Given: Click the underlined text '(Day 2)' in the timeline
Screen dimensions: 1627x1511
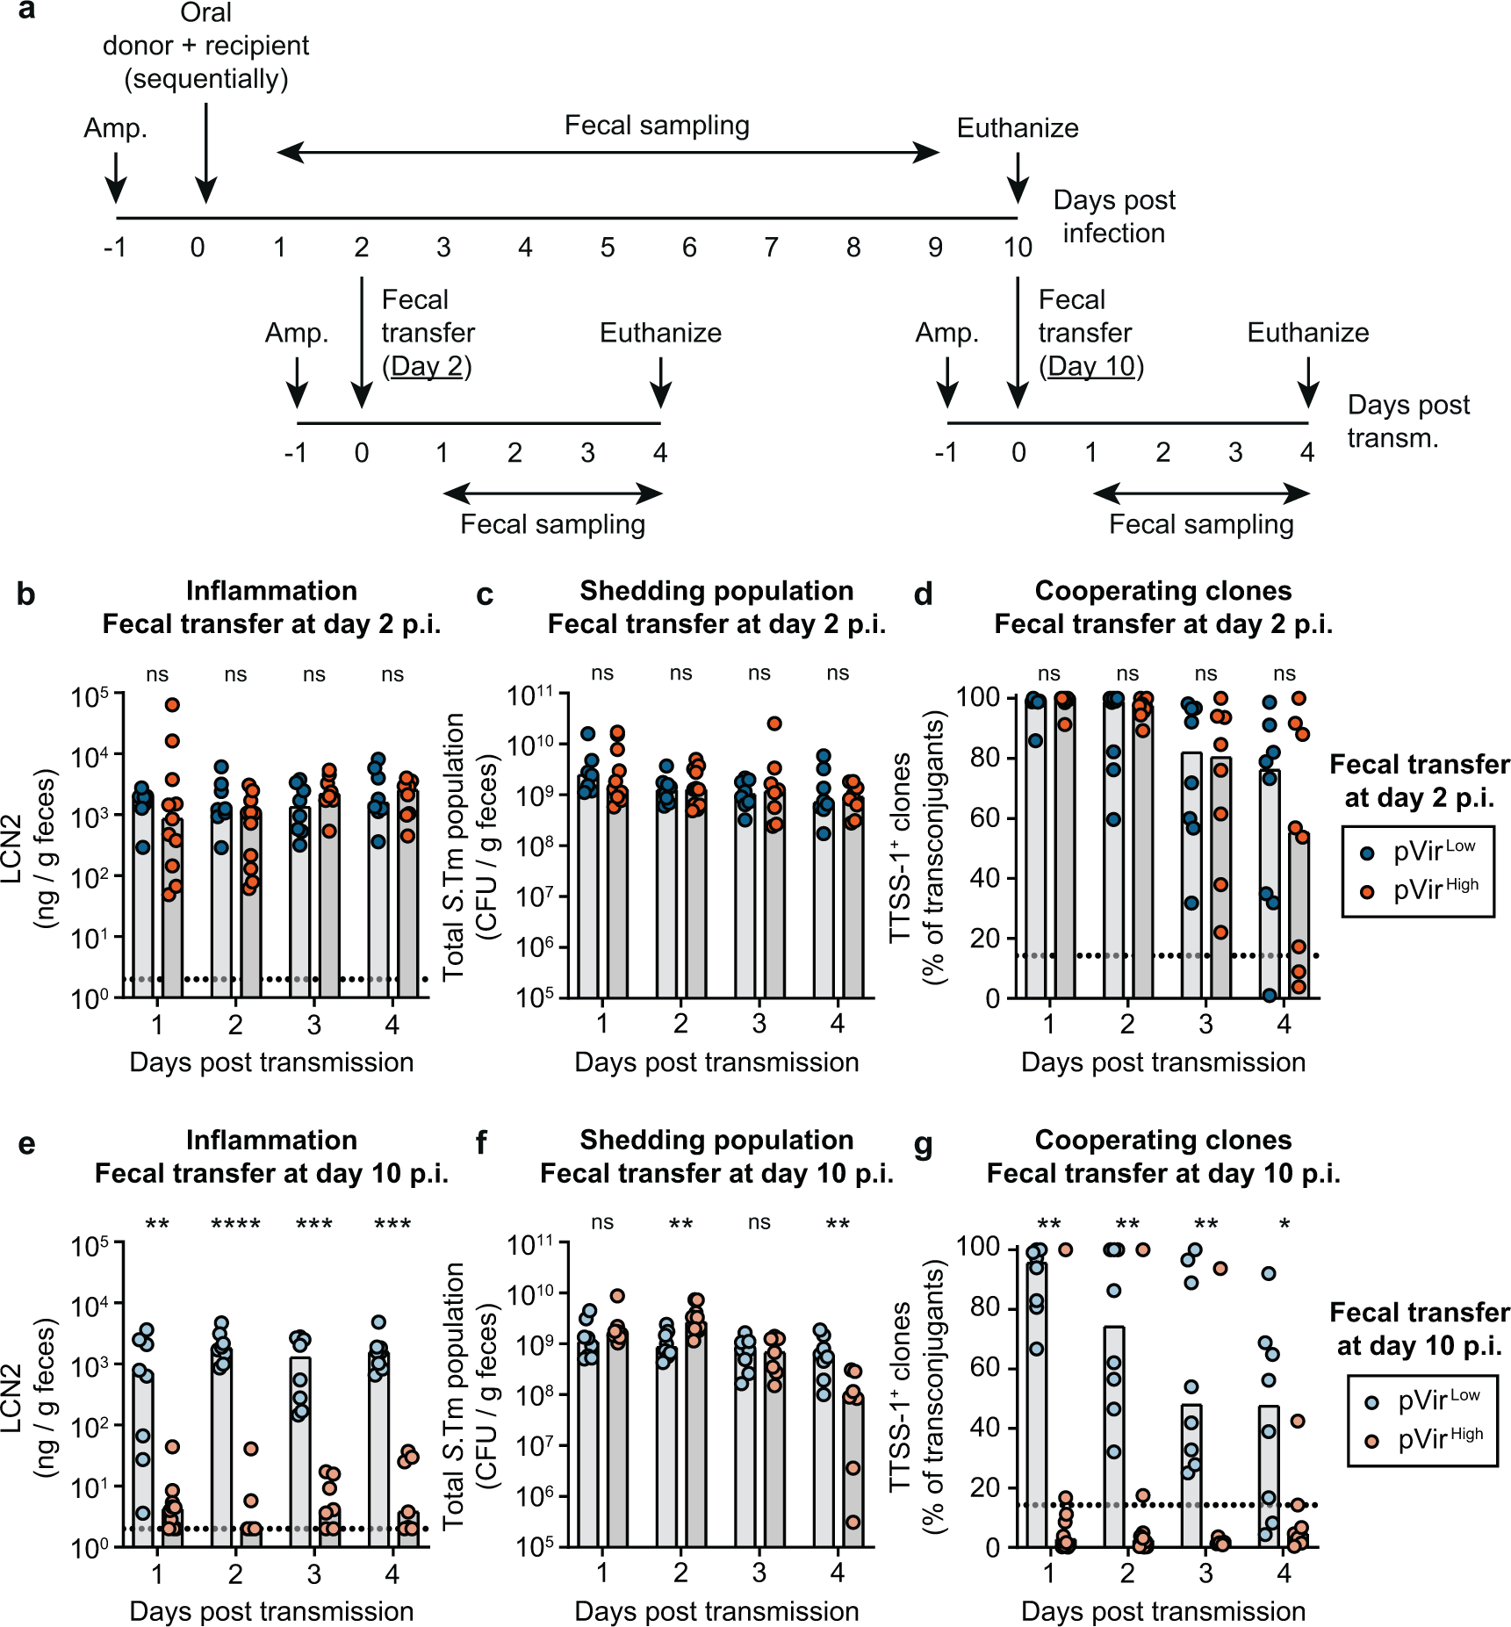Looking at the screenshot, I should (x=427, y=366).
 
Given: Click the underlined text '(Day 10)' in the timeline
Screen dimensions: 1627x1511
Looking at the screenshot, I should (x=1090, y=366).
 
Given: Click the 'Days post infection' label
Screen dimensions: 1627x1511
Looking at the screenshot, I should (x=1113, y=216).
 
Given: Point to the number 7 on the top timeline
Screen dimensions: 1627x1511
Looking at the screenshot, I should (x=771, y=248).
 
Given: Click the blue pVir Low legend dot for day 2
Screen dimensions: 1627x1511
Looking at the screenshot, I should (x=1367, y=853).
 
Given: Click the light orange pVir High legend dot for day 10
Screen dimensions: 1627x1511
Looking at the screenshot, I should (x=1371, y=1441).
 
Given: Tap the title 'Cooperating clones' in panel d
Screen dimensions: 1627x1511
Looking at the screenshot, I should (x=1162, y=590).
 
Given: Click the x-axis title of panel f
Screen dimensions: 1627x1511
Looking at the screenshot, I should (x=716, y=1610).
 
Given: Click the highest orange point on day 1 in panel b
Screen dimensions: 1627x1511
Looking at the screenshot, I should (x=172, y=705).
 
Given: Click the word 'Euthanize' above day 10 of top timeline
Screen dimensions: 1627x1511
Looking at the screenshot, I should (x=1017, y=128).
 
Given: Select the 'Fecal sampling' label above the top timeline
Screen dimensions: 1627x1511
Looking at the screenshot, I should (x=657, y=126).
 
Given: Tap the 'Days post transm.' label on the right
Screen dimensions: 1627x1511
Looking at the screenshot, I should (x=1407, y=421).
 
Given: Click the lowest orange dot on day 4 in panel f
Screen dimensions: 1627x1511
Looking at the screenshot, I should (x=853, y=1522).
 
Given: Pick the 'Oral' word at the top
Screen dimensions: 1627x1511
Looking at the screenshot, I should (x=205, y=12).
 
